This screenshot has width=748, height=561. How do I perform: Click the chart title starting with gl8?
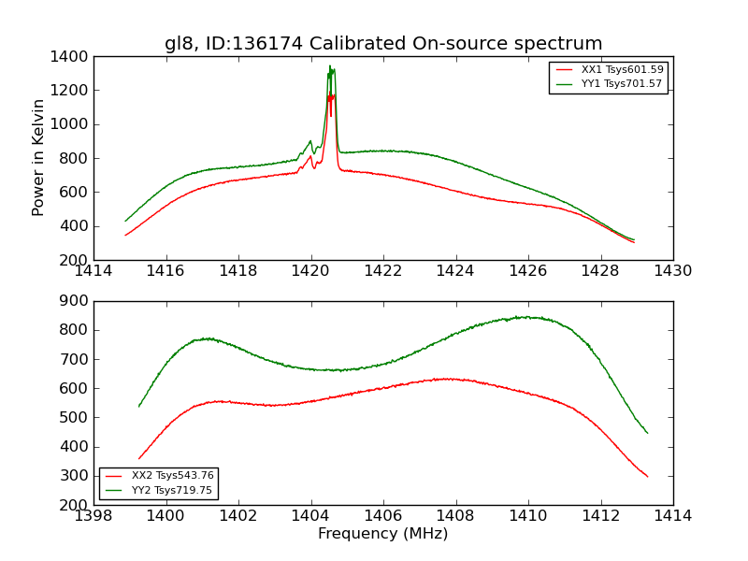(x=383, y=44)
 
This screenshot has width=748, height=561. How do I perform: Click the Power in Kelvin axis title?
(x=38, y=157)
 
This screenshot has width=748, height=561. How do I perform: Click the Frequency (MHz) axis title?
(x=383, y=534)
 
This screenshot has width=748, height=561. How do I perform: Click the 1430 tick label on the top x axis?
(x=672, y=271)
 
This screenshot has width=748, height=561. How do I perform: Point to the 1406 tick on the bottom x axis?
(x=382, y=515)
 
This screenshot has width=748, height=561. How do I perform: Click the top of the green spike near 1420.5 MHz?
(x=330, y=66)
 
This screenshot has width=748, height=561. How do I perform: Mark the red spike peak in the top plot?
(x=329, y=94)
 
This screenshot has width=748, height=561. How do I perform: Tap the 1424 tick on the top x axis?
(x=455, y=271)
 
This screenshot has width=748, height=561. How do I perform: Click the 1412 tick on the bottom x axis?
(x=600, y=515)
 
